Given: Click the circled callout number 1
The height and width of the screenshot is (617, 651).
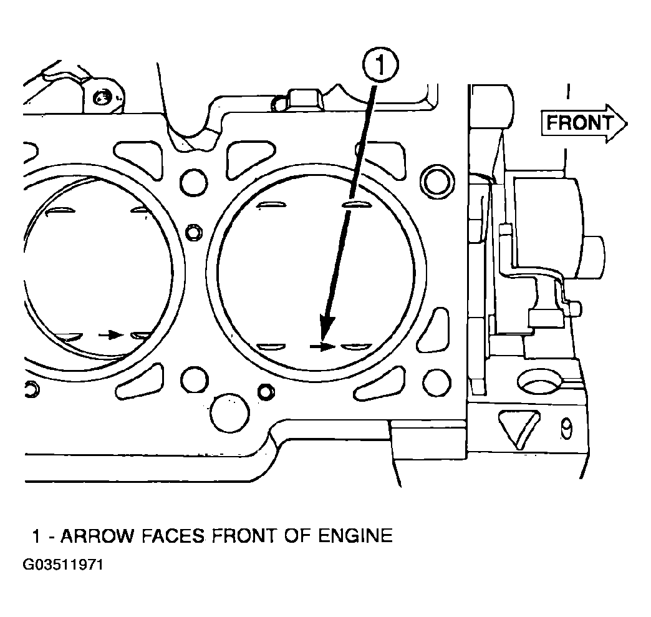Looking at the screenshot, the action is tap(380, 66).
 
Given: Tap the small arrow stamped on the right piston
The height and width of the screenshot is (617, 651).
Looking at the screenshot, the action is tap(322, 346).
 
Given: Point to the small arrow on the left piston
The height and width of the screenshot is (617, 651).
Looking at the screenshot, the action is tap(110, 334).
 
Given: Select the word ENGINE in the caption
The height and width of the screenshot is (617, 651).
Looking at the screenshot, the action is tap(355, 535).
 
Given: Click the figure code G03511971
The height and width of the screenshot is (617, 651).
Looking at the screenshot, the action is tap(63, 565).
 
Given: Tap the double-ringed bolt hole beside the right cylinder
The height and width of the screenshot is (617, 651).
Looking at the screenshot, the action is tap(436, 181).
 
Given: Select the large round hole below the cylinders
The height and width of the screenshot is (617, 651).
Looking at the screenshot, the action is tap(230, 414).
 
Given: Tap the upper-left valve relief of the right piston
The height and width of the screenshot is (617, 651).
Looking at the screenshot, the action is tap(271, 205).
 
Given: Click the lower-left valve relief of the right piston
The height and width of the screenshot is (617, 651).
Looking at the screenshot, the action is tap(271, 346).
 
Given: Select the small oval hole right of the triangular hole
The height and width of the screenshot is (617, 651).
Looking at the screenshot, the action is tap(566, 429).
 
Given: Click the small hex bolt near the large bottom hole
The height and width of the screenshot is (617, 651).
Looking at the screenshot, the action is tap(266, 391).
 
